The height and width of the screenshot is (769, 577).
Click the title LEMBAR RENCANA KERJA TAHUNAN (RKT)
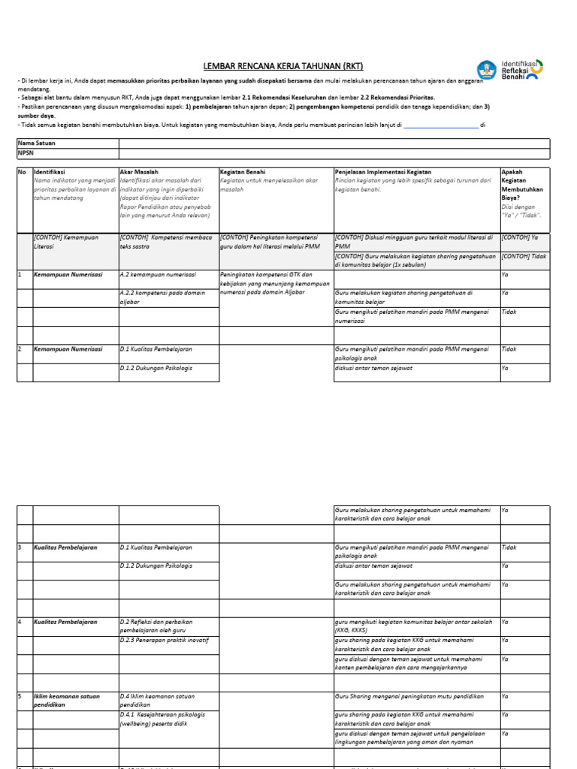[x=288, y=66]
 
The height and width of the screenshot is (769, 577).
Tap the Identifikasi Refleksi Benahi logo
[x=509, y=71]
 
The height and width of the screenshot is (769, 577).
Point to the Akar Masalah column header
[x=139, y=172]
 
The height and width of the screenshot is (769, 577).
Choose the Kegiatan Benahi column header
[x=243, y=172]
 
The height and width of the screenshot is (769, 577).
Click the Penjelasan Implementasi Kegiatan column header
[x=383, y=172]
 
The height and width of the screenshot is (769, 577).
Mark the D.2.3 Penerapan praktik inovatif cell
[x=165, y=640]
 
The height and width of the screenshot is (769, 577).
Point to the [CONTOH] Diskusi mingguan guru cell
[x=413, y=241]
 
